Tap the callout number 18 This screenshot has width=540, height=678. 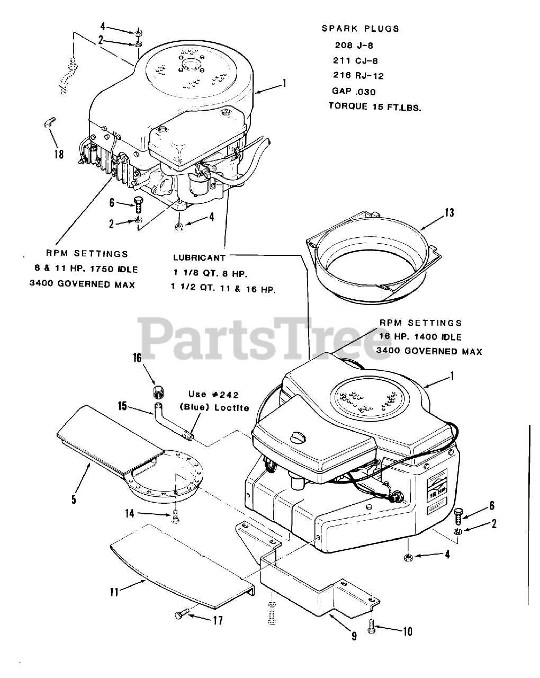pyautogui.click(x=58, y=154)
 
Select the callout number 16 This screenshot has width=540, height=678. pyautogui.click(x=137, y=358)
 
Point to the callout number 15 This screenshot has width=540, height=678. pyautogui.click(x=123, y=406)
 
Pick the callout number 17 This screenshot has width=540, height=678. pyautogui.click(x=218, y=620)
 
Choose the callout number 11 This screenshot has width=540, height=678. pyautogui.click(x=114, y=591)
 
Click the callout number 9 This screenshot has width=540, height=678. pyautogui.click(x=354, y=636)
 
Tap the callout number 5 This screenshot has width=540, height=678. pyautogui.click(x=74, y=498)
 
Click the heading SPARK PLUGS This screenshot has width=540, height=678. pyautogui.click(x=361, y=29)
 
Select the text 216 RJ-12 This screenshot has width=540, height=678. pyautogui.click(x=358, y=76)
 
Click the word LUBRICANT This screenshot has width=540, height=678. pyautogui.click(x=199, y=258)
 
